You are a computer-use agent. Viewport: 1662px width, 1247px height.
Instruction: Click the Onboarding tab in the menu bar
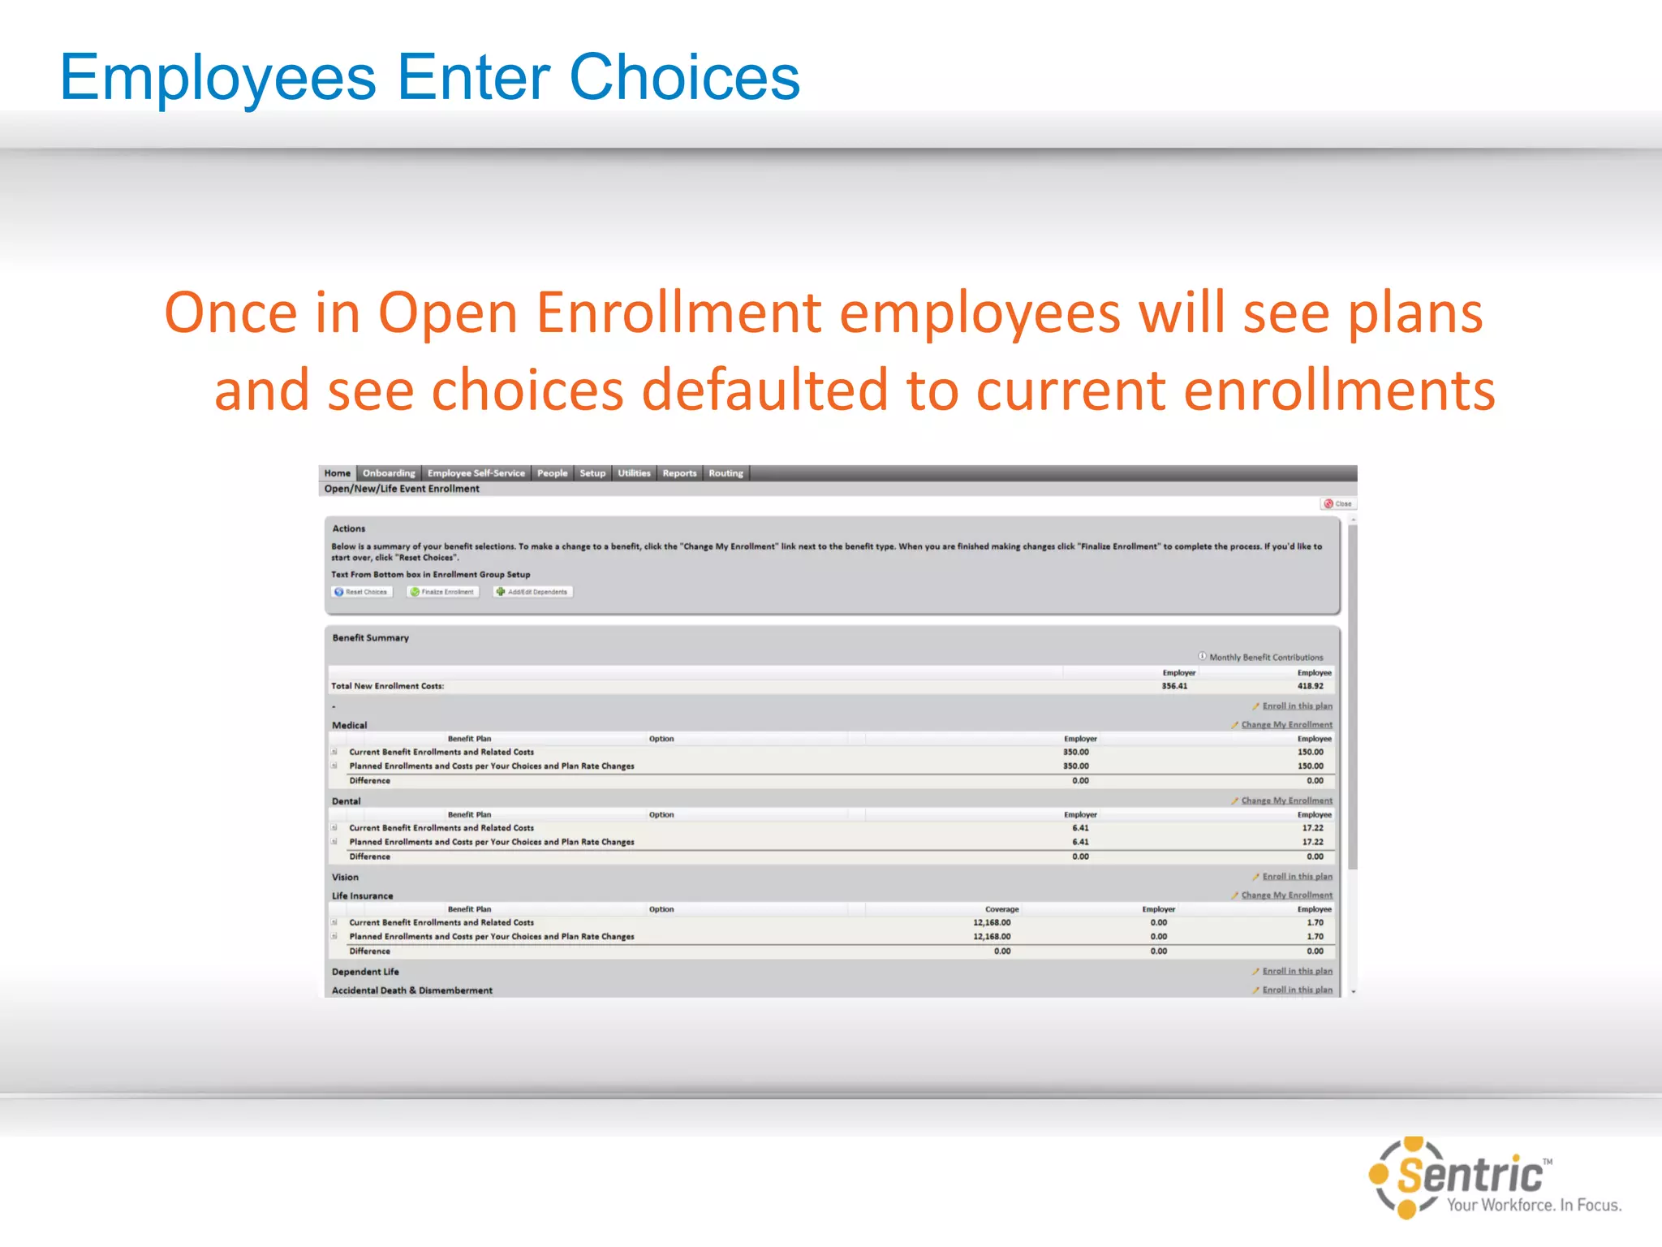[x=389, y=473]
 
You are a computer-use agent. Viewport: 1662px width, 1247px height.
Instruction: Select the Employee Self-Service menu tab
[x=476, y=473]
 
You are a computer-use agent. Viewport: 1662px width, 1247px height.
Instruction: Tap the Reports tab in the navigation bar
[x=679, y=473]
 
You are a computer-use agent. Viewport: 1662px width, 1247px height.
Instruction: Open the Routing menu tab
[x=726, y=473]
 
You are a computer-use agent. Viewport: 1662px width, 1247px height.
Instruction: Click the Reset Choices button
[x=362, y=592]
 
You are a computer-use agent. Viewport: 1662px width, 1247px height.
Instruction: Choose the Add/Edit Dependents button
[x=533, y=592]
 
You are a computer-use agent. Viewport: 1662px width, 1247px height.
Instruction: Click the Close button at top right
[x=1338, y=504]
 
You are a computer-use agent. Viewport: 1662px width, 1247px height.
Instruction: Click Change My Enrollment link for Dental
[x=1286, y=800]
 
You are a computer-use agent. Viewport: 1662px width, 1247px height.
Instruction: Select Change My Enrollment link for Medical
[x=1286, y=725]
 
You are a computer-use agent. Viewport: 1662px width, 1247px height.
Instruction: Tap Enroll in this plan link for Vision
[x=1297, y=877]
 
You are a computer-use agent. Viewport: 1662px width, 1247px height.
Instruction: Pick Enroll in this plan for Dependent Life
[x=1297, y=971]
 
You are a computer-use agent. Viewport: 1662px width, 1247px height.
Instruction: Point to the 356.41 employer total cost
[x=1174, y=686]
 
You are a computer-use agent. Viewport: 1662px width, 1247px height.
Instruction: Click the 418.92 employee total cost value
[x=1310, y=686]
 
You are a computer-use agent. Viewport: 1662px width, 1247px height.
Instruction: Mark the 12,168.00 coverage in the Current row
[x=992, y=922]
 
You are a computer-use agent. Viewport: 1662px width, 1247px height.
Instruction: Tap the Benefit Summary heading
[x=371, y=638]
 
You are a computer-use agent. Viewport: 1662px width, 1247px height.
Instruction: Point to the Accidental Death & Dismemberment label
[x=412, y=990]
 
